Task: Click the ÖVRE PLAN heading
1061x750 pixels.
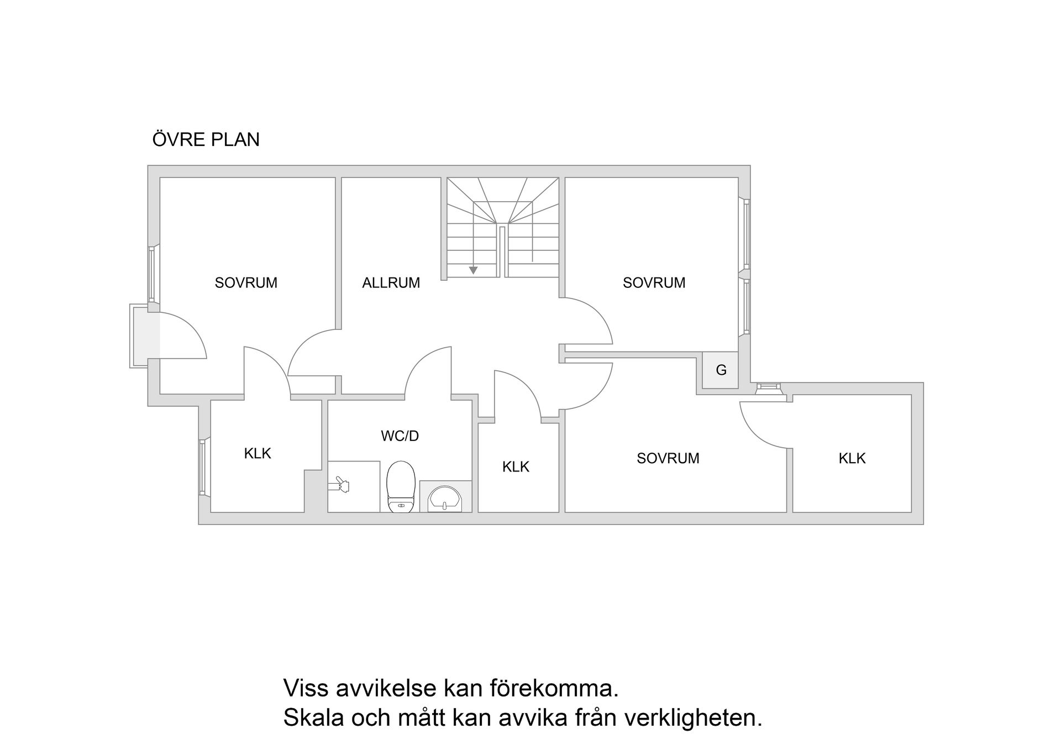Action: pyautogui.click(x=206, y=139)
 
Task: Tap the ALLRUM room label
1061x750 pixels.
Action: pyautogui.click(x=391, y=283)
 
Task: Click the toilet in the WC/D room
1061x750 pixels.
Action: pyautogui.click(x=401, y=486)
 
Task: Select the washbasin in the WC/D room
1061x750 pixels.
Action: pyautogui.click(x=445, y=497)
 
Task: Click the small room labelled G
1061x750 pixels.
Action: pyautogui.click(x=721, y=370)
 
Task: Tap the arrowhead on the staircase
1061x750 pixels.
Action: pyautogui.click(x=473, y=270)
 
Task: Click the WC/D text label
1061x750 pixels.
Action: pyautogui.click(x=400, y=436)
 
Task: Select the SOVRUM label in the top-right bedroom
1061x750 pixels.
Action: pyautogui.click(x=654, y=283)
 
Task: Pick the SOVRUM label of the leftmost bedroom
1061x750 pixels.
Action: pyautogui.click(x=246, y=283)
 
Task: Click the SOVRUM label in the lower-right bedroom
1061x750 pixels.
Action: pyautogui.click(x=668, y=458)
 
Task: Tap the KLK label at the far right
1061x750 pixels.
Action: pyautogui.click(x=852, y=458)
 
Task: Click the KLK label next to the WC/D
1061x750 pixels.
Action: pyautogui.click(x=516, y=467)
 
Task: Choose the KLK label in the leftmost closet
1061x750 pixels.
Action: pyautogui.click(x=258, y=454)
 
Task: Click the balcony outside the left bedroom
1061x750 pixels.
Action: pyautogui.click(x=139, y=335)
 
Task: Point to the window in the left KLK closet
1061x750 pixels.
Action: pyautogui.click(x=202, y=468)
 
